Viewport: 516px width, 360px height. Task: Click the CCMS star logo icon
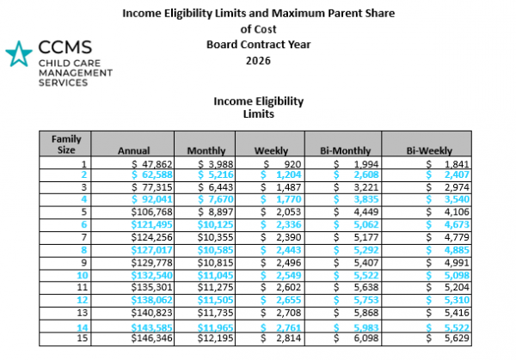pos(17,55)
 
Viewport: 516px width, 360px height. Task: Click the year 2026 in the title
pos(257,61)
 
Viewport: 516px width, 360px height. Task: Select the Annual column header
pos(133,149)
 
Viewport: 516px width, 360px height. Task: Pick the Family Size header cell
pos(65,143)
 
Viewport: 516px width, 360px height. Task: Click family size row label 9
pos(83,260)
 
